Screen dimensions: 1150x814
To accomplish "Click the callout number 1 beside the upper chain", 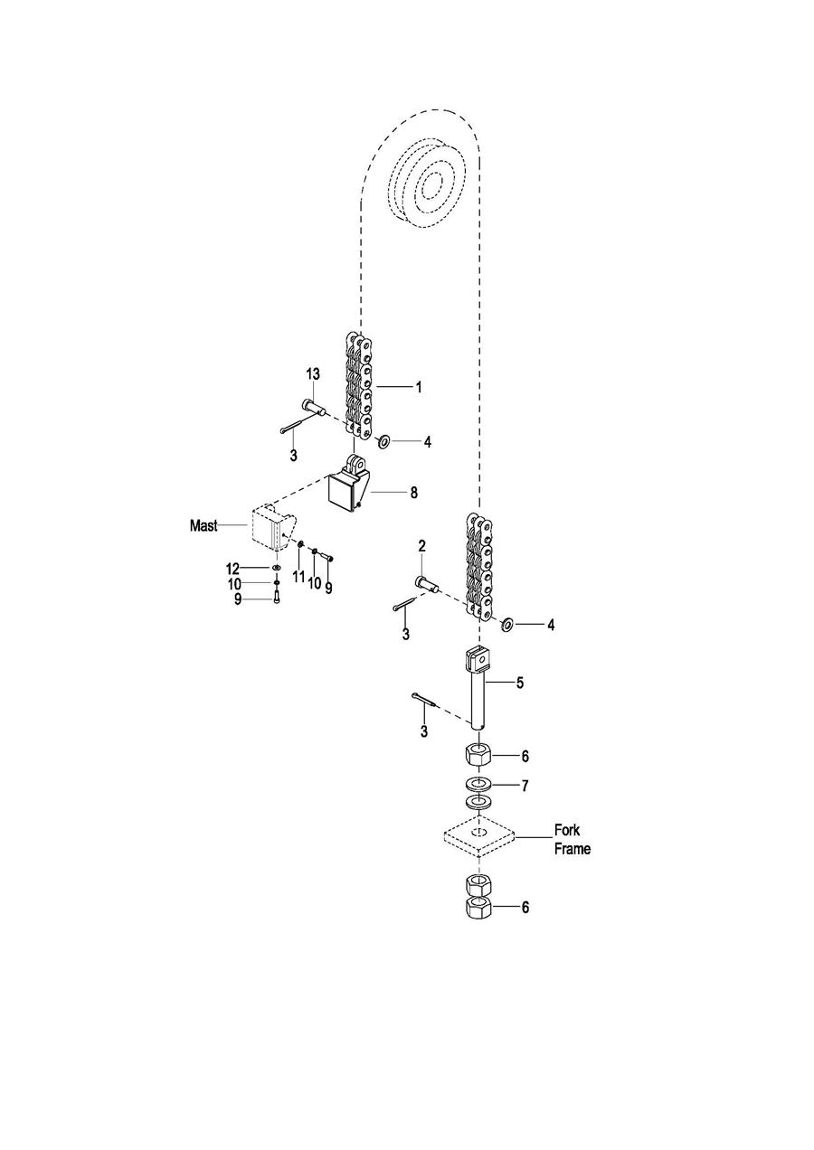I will pyautogui.click(x=419, y=386).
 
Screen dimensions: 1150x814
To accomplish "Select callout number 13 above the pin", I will pyautogui.click(x=312, y=375).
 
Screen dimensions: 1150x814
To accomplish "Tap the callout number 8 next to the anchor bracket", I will pyautogui.click(x=413, y=494).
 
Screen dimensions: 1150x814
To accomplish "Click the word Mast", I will pyautogui.click(x=203, y=525).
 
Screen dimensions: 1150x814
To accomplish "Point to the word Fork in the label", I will pyautogui.click(x=567, y=830).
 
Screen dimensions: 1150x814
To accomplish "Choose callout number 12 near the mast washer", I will pyautogui.click(x=232, y=568).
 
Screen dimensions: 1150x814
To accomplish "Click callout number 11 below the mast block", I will pyautogui.click(x=298, y=576).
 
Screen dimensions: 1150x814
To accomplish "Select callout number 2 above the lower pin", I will pyautogui.click(x=421, y=545).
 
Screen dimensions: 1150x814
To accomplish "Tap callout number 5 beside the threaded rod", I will pyautogui.click(x=520, y=683).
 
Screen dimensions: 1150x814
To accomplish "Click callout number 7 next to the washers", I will pyautogui.click(x=525, y=786).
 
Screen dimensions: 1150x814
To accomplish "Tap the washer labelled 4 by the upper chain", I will pyautogui.click(x=383, y=441).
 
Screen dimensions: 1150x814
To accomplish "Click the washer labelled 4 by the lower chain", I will pyautogui.click(x=507, y=624).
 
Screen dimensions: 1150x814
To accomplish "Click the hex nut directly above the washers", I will pyautogui.click(x=478, y=753).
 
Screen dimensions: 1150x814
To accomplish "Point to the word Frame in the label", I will pyautogui.click(x=572, y=849).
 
